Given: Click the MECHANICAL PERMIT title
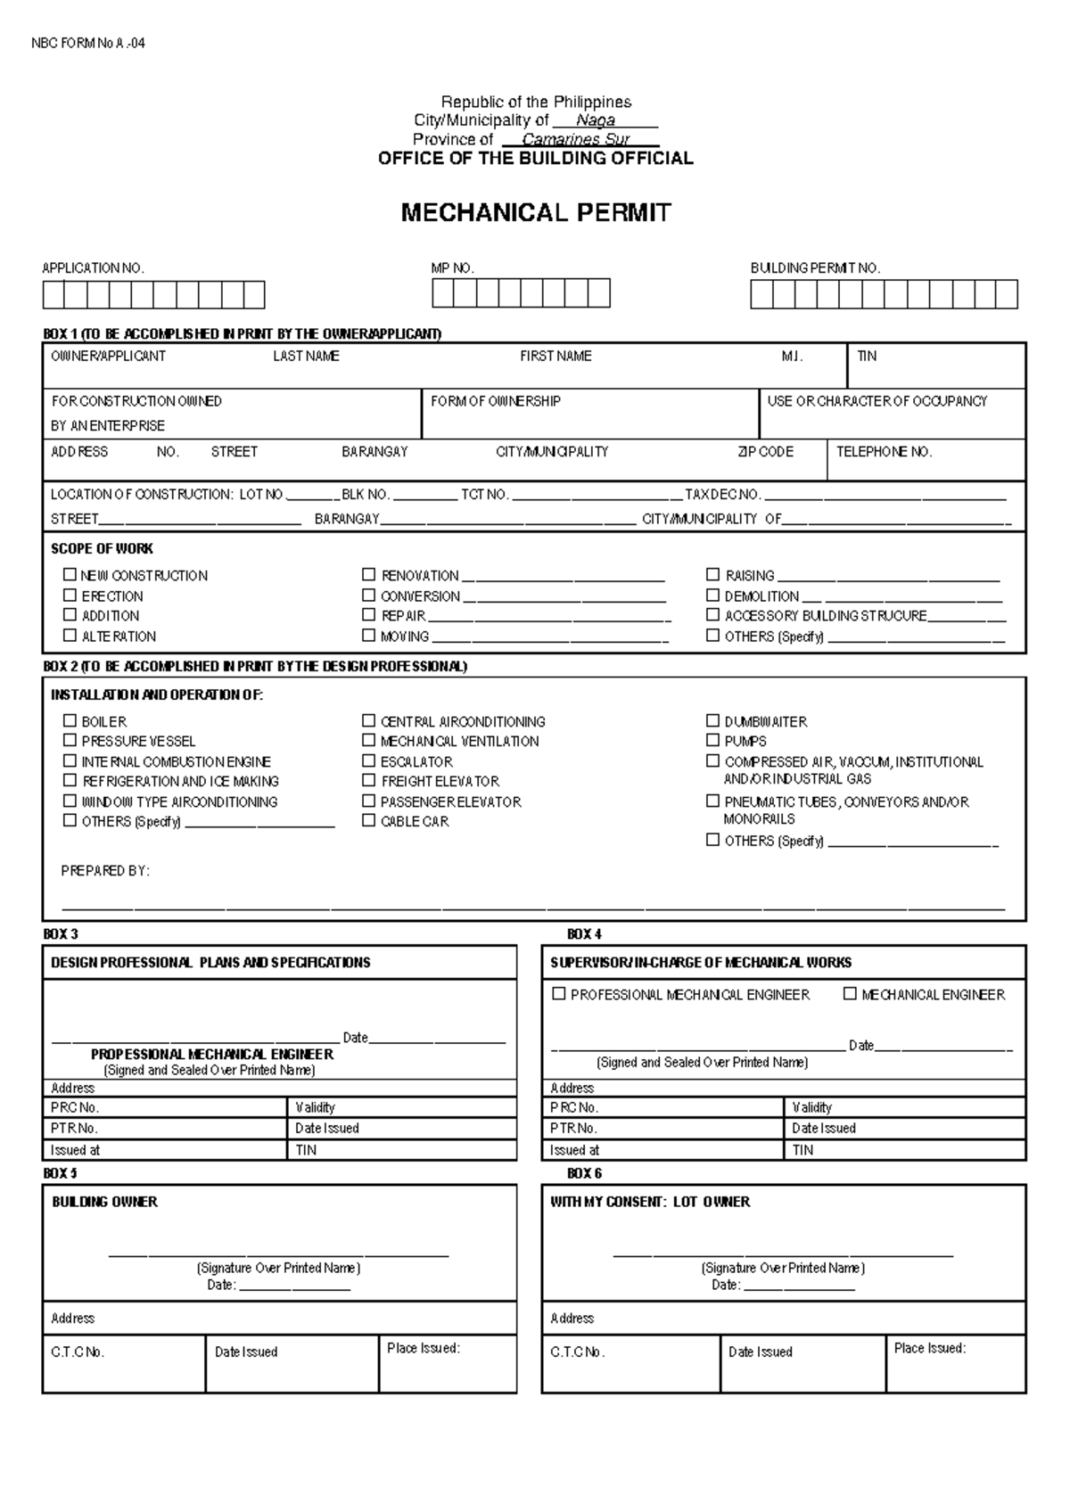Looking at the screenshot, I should (x=535, y=212).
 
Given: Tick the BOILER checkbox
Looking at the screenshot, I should (x=70, y=720).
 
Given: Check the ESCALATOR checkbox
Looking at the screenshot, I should (x=368, y=760).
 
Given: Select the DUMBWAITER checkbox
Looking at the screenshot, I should (x=712, y=720).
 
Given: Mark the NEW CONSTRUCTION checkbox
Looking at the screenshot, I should (x=70, y=575).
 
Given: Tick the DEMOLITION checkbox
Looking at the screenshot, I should (x=712, y=595).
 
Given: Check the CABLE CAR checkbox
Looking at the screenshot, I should (x=368, y=820).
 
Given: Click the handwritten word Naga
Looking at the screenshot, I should (x=595, y=120).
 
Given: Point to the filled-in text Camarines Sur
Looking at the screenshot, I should (x=576, y=139).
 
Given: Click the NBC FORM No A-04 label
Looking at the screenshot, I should (x=87, y=43).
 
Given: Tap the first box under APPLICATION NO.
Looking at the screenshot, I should (x=53, y=294).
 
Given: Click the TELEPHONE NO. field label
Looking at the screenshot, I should (x=884, y=452).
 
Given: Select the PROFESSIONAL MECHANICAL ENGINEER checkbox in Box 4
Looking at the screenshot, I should (x=559, y=993).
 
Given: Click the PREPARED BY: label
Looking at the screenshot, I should (x=105, y=870).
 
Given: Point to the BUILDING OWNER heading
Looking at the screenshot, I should (x=104, y=1202).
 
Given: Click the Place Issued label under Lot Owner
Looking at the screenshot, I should (x=929, y=1348).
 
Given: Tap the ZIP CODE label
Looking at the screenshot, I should (x=765, y=452).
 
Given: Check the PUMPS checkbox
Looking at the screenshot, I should (x=712, y=740).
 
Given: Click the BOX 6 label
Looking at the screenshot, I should (x=584, y=1173).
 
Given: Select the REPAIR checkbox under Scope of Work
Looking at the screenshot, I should (x=368, y=614).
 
